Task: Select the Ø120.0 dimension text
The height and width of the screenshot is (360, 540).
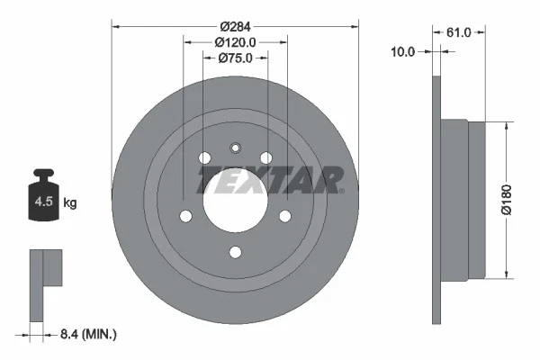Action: click(x=236, y=41)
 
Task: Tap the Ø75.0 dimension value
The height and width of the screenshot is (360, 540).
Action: click(x=235, y=58)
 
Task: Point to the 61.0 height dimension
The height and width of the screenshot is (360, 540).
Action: click(x=459, y=32)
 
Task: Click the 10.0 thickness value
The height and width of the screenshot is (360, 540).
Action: click(x=403, y=51)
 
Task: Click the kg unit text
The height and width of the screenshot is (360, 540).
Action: click(x=71, y=203)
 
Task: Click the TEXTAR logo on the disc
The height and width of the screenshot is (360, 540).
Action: click(x=270, y=179)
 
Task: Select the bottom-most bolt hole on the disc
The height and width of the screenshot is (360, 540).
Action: click(x=235, y=252)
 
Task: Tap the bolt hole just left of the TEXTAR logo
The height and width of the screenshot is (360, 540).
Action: click(x=204, y=159)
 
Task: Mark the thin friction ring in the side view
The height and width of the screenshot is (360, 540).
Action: click(x=438, y=199)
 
